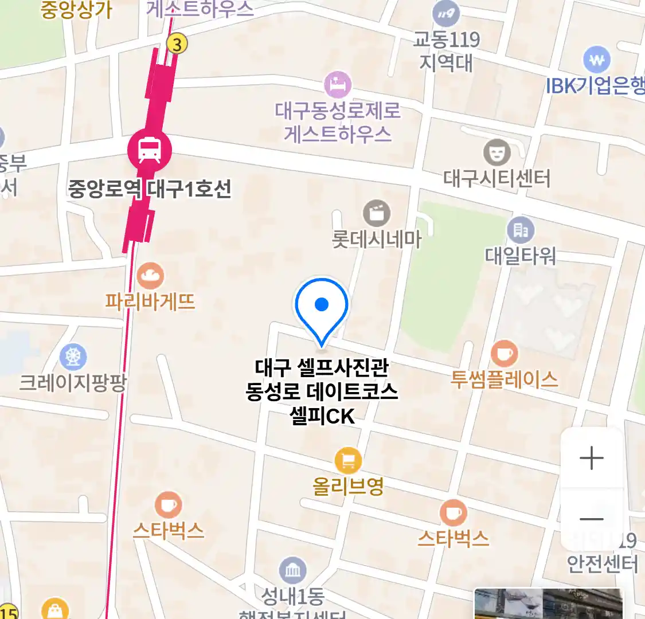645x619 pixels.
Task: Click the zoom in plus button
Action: pyautogui.click(x=592, y=459)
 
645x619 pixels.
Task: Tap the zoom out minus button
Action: pyautogui.click(x=592, y=519)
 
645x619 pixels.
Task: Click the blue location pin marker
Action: pyautogui.click(x=322, y=309)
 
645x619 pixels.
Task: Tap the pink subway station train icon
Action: pyautogui.click(x=149, y=150)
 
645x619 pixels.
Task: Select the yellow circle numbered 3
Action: pyautogui.click(x=177, y=44)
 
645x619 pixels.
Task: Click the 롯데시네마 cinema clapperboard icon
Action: pyautogui.click(x=377, y=214)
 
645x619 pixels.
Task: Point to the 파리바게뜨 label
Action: pyautogui.click(x=150, y=301)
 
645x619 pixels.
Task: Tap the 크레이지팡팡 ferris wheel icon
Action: pyautogui.click(x=73, y=357)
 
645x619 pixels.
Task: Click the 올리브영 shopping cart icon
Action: pyautogui.click(x=348, y=460)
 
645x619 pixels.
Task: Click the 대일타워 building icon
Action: pyautogui.click(x=521, y=230)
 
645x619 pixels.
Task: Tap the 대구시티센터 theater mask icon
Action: pyautogui.click(x=497, y=152)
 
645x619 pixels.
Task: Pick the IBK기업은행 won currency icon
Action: pyautogui.click(x=597, y=60)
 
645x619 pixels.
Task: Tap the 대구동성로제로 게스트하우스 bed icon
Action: pyautogui.click(x=338, y=85)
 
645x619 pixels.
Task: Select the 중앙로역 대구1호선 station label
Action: pyautogui.click(x=150, y=189)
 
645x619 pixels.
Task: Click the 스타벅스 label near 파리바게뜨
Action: pyautogui.click(x=169, y=530)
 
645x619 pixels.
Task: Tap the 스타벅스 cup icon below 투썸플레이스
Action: pyautogui.click(x=453, y=512)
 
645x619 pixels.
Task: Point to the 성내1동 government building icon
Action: pyautogui.click(x=292, y=570)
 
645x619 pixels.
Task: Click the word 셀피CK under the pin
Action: pyautogui.click(x=322, y=416)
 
